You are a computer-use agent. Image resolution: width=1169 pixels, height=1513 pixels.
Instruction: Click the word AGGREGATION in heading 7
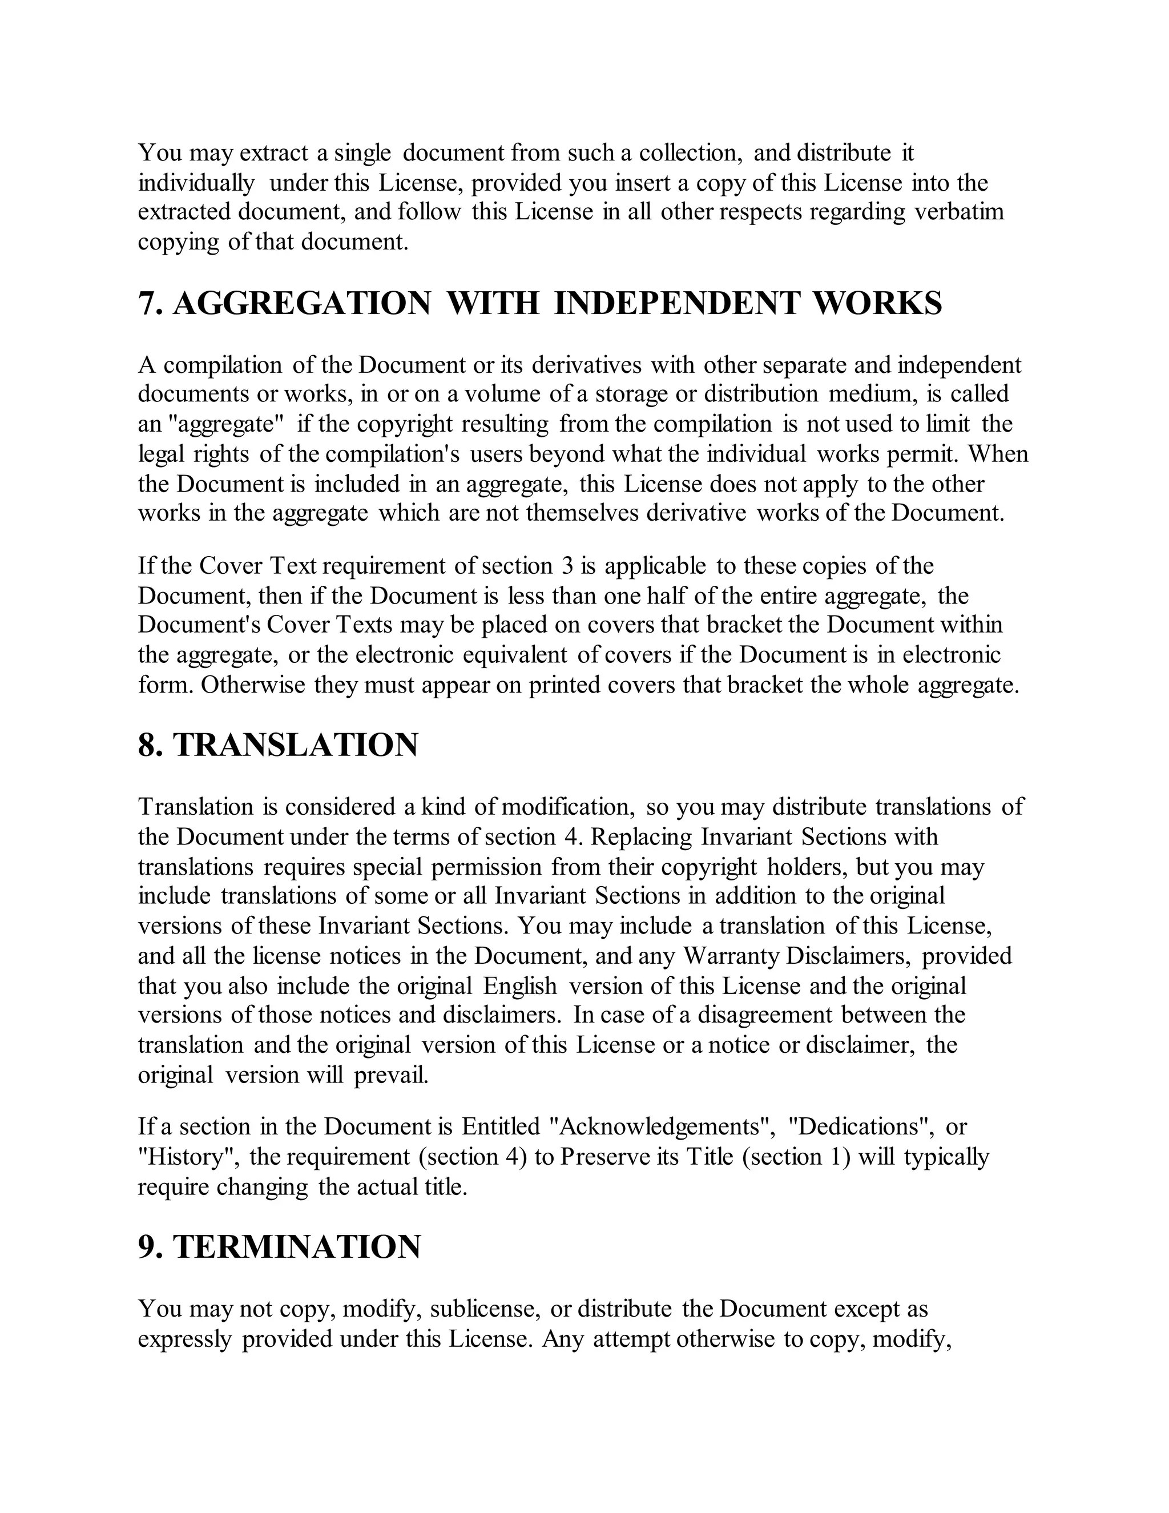pos(301,303)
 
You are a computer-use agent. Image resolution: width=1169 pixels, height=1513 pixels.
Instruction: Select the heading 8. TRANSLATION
pos(279,745)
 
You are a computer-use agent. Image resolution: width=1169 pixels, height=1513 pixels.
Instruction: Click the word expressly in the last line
pos(184,1339)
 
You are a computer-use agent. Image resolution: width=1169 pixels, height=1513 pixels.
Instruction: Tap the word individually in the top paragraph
pos(196,183)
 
